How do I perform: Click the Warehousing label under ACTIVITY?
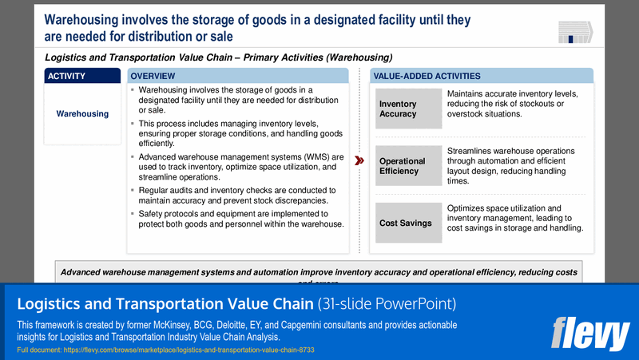pyautogui.click(x=82, y=113)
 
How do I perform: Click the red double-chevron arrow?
pyautogui.click(x=359, y=160)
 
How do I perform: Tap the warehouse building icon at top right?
pyautogui.click(x=575, y=32)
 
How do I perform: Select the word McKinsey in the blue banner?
pyautogui.click(x=215, y=326)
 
